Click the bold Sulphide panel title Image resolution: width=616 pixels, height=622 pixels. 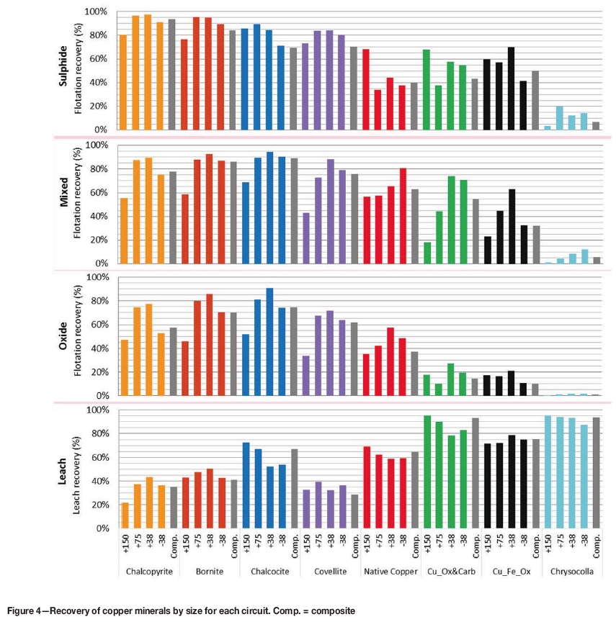click(63, 69)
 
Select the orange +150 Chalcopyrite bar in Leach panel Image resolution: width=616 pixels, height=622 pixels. click(125, 515)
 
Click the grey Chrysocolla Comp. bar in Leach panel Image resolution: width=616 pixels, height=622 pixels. click(596, 473)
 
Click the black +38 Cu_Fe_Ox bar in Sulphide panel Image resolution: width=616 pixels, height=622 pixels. click(511, 89)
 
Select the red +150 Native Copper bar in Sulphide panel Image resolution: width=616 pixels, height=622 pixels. click(366, 89)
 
